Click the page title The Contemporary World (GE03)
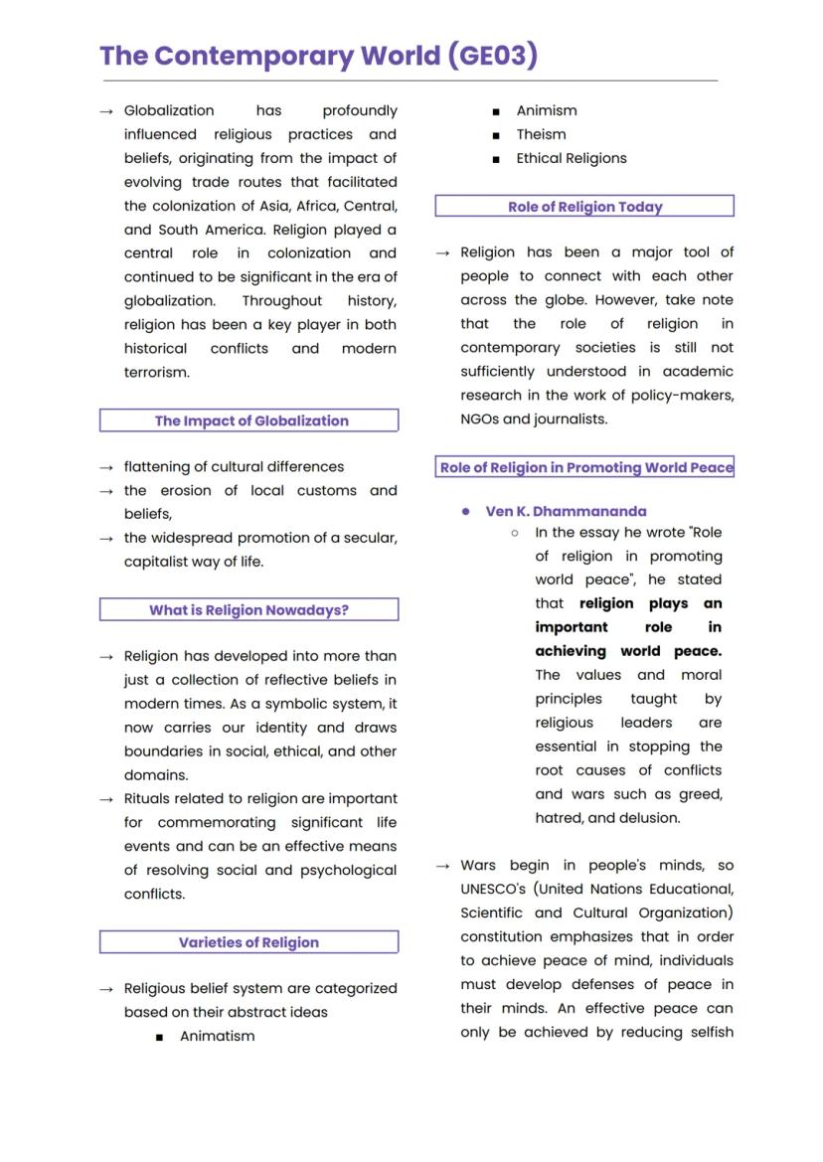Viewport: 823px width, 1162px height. pos(318,56)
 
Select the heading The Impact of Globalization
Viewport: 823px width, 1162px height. pos(250,420)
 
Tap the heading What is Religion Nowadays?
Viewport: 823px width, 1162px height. pos(248,610)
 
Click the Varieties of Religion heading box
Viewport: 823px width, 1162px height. pos(248,942)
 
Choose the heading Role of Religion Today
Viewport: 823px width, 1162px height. pos(584,207)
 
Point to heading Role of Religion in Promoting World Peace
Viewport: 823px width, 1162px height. pos(585,467)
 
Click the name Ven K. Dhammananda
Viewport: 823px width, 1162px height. pos(566,511)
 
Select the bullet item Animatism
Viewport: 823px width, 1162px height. pos(217,1036)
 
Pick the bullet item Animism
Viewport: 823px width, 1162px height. pos(546,110)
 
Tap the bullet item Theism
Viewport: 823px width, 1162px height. pos(541,134)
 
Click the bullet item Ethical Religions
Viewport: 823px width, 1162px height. pos(571,158)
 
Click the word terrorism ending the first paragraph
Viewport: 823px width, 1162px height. pos(156,373)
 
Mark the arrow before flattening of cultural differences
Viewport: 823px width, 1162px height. pos(106,467)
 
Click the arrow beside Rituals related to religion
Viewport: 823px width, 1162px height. pos(106,799)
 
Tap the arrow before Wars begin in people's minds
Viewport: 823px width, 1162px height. pos(443,866)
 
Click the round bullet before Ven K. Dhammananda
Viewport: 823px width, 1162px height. pos(466,511)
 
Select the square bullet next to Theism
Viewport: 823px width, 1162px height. pos(496,135)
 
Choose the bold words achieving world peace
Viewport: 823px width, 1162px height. pos(627,651)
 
